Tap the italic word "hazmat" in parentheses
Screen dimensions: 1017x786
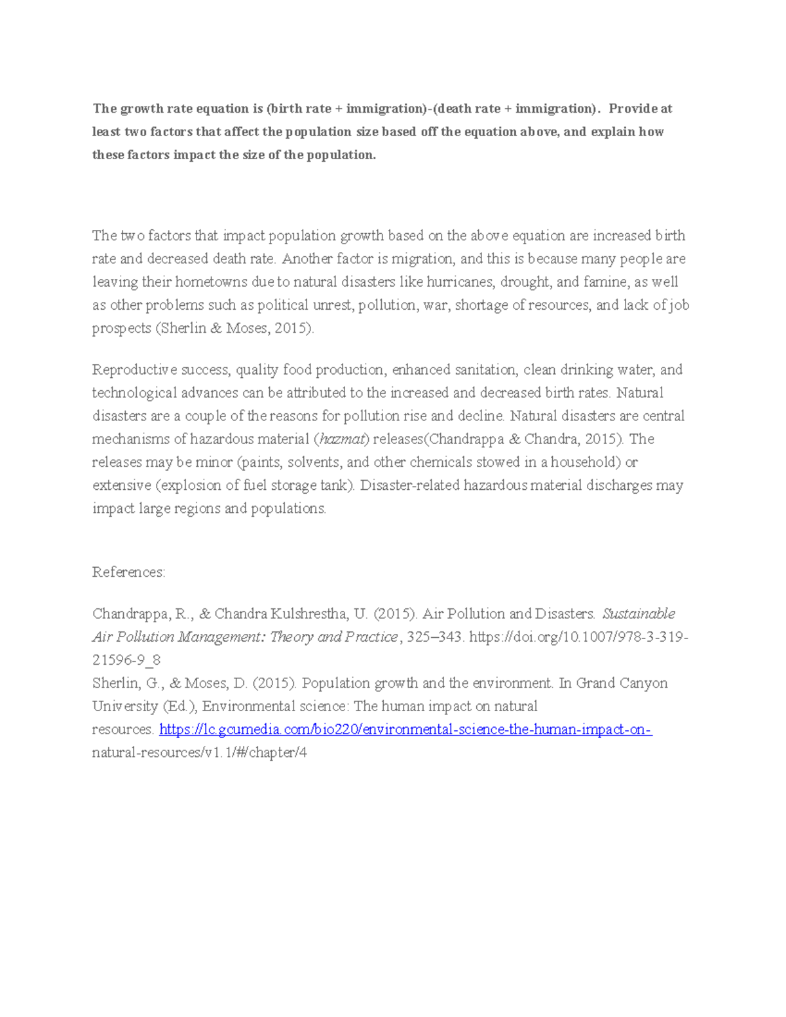[343, 439]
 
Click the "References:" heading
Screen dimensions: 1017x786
[129, 572]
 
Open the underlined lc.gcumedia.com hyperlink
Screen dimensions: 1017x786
[405, 730]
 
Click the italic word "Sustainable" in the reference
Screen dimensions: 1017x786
[639, 614]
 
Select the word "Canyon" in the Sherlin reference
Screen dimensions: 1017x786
[643, 683]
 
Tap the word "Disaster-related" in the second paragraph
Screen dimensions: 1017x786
[411, 485]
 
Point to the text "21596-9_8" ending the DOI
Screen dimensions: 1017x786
[126, 660]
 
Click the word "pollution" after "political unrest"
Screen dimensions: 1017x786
[387, 305]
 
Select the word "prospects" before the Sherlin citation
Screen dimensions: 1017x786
[122, 328]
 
